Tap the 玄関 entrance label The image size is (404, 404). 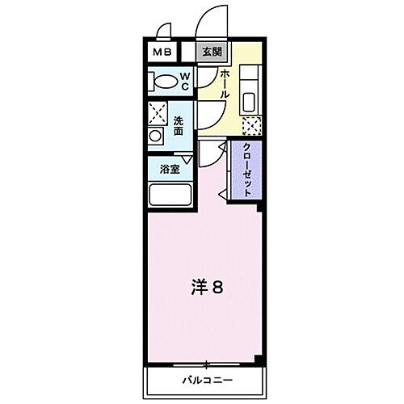tap(212, 53)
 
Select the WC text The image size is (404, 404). tap(184, 82)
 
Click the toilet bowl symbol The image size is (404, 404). tap(165, 82)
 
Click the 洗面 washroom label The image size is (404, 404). tap(179, 125)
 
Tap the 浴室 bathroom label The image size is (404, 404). tap(169, 170)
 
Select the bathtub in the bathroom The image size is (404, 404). tap(170, 196)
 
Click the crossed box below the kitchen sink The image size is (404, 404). tap(252, 125)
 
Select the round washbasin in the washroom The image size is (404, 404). tap(156, 137)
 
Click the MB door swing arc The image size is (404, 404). tap(164, 34)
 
